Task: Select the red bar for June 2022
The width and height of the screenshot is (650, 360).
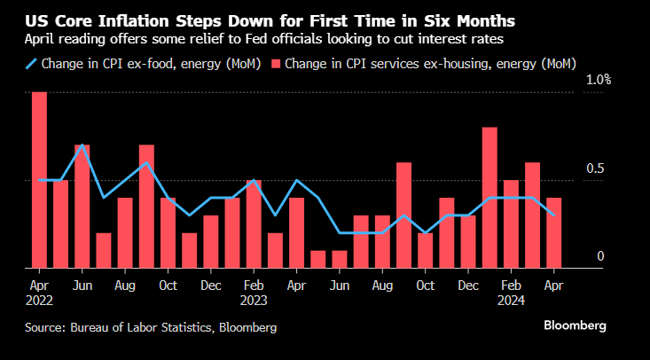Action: click(x=82, y=206)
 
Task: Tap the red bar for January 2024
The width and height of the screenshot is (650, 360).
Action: click(x=489, y=197)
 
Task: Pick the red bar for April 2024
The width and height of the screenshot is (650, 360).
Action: click(x=553, y=232)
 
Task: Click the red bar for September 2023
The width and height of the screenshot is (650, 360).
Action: click(x=403, y=215)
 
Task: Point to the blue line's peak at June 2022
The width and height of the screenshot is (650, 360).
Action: click(x=82, y=145)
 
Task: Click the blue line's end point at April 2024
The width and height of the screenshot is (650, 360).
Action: click(x=553, y=215)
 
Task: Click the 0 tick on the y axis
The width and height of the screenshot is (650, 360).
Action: click(x=600, y=256)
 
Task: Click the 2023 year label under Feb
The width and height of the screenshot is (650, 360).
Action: click(x=254, y=300)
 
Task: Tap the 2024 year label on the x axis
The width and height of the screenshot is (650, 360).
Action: click(x=511, y=300)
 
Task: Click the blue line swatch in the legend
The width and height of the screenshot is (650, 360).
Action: click(x=32, y=63)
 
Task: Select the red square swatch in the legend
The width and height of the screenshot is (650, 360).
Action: click(x=277, y=63)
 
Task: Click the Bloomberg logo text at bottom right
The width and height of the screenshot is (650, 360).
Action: click(x=575, y=325)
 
